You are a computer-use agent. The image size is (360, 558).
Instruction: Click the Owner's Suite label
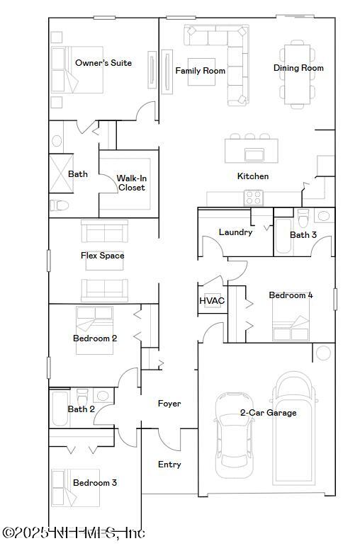[103, 63]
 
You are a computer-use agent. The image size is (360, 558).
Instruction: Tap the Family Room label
[200, 71]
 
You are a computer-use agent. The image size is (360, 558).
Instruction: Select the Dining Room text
[298, 68]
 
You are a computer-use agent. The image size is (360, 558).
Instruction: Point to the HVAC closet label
[212, 301]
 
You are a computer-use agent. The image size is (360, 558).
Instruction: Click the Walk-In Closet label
[131, 183]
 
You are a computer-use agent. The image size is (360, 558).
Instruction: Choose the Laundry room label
[235, 232]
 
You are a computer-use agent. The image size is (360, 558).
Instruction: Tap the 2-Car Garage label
[268, 413]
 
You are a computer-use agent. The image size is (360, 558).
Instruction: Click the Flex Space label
[102, 256]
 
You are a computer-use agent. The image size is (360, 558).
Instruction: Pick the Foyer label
[169, 404]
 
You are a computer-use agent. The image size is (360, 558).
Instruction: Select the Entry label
[169, 465]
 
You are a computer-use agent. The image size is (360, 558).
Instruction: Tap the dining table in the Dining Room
[297, 71]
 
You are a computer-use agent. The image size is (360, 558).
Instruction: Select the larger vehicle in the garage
[294, 425]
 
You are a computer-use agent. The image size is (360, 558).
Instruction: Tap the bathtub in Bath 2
[59, 409]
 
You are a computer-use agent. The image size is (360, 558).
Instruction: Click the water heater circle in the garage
[324, 353]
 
